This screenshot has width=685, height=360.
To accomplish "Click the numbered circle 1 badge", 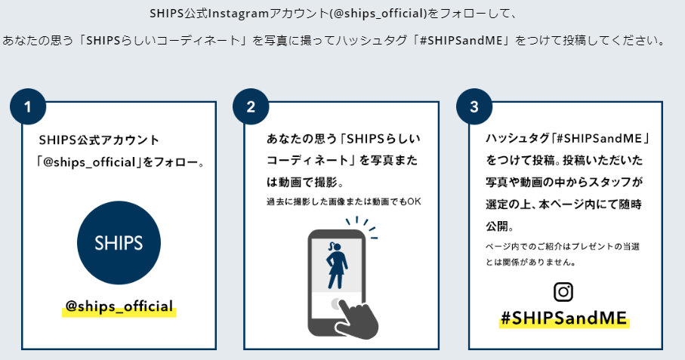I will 28,107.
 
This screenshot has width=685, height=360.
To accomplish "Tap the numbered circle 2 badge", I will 251,107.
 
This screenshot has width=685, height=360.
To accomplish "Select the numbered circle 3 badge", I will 474,107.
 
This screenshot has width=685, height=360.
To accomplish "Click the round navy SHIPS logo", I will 119,243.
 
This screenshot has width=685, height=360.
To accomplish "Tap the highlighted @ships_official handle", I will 119,307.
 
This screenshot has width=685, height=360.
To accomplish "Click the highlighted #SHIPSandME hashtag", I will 563,318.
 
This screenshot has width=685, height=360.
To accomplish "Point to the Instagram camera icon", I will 563,291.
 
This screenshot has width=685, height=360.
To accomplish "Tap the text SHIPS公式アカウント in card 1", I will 99,140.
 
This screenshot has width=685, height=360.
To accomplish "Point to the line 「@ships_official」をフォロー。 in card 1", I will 121,162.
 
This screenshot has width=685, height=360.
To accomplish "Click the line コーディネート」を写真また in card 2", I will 342,162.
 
